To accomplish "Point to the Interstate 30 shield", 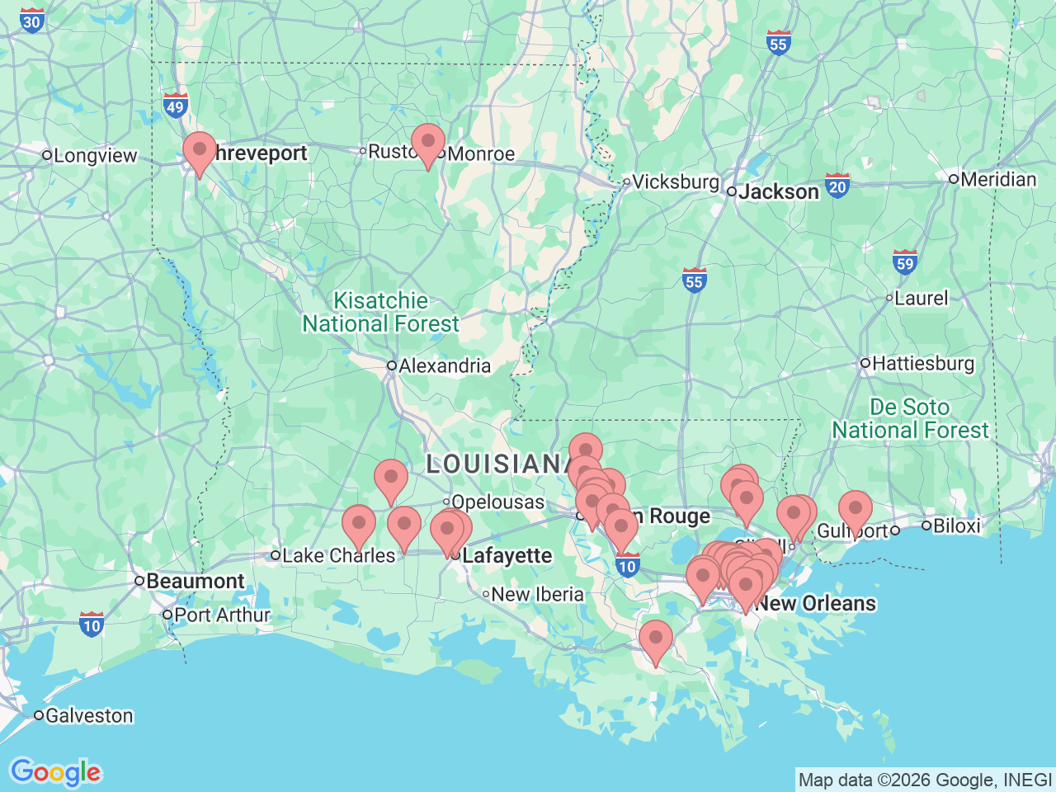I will point(31,21).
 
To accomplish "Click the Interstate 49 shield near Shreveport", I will point(175,106).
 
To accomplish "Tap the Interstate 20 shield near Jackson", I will point(837,186).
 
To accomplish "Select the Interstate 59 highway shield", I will point(905,263).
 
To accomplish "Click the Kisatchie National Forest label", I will point(380,313).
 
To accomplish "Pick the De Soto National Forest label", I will point(910,419).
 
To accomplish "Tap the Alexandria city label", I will point(444,365).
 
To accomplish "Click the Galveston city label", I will point(88,715).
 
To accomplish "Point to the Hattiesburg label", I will point(922,363).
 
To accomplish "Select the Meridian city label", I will point(997,179).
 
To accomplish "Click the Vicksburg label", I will point(675,181).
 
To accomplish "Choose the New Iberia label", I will point(537,594).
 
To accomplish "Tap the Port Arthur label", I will point(221,615).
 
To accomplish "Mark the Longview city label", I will point(95,155).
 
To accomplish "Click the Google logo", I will point(55,773).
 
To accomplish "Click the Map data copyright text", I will point(925,780).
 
